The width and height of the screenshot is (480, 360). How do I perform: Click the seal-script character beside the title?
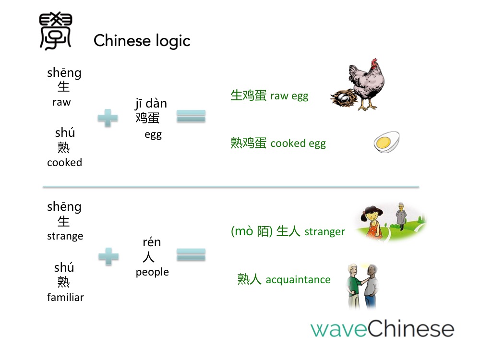[55, 31]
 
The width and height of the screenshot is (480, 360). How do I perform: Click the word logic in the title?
[173, 41]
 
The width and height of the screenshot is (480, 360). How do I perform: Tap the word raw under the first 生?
[61, 102]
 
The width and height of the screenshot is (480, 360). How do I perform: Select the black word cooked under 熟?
[65, 162]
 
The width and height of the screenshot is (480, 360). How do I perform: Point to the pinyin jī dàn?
[151, 104]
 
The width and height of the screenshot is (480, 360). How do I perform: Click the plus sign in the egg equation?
[108, 118]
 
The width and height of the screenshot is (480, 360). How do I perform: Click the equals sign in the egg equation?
[191, 116]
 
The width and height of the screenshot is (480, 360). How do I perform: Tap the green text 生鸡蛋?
[249, 95]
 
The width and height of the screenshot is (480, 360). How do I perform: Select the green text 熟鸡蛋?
[249, 143]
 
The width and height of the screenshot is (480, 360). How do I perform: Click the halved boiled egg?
[386, 142]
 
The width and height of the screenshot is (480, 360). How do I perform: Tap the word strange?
[65, 236]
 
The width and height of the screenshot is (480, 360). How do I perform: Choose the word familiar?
[65, 297]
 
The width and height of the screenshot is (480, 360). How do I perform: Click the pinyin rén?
[152, 242]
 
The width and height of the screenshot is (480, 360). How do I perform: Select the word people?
[153, 272]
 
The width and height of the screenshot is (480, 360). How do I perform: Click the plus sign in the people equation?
[108, 256]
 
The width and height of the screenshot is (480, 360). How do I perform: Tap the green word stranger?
[325, 232]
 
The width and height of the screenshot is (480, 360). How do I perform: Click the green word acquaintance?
[298, 280]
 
